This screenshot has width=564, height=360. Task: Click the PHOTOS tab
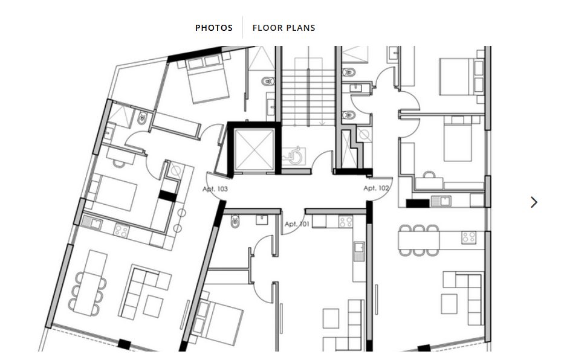pos(214,28)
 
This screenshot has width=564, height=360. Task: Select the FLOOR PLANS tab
pos(284,28)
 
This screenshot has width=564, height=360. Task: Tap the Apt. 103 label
pos(215,189)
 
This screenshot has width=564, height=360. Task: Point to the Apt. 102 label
pos(376,188)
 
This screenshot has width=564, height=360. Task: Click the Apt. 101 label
pos(297,224)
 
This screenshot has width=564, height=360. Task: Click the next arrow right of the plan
pos(534,202)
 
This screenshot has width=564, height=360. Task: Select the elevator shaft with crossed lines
pos(254,149)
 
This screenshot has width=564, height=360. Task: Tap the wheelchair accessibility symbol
pos(294,156)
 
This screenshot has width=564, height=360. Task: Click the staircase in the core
pos(308,92)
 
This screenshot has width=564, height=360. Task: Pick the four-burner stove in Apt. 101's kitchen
pos(346,222)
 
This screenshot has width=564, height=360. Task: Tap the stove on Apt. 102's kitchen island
pos(469,237)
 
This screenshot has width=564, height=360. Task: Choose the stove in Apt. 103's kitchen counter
pos(122,230)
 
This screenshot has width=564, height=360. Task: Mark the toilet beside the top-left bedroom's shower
pos(143,118)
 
